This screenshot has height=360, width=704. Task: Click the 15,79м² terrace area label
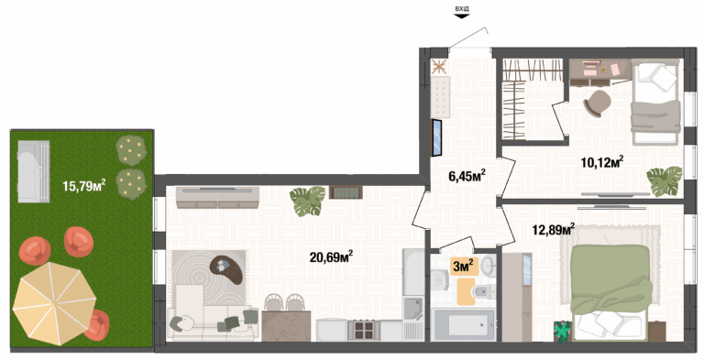point(84,184)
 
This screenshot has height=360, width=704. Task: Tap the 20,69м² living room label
point(331,256)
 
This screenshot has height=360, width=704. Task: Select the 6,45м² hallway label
point(467,175)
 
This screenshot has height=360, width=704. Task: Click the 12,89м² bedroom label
point(554,229)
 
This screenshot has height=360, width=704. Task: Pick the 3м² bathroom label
point(464,267)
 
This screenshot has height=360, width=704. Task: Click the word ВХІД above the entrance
point(462,8)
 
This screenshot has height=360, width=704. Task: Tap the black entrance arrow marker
point(462,16)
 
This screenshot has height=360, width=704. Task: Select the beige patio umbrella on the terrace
point(54,303)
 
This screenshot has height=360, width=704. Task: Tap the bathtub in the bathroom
point(464,324)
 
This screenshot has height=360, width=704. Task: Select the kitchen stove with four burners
point(364,330)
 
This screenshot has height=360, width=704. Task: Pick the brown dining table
point(286,325)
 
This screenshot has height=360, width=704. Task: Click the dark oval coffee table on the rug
point(226,268)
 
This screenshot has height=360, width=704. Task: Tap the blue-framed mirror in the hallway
point(436,137)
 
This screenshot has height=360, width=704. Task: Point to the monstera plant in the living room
point(308,201)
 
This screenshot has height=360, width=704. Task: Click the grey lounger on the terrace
point(33,171)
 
